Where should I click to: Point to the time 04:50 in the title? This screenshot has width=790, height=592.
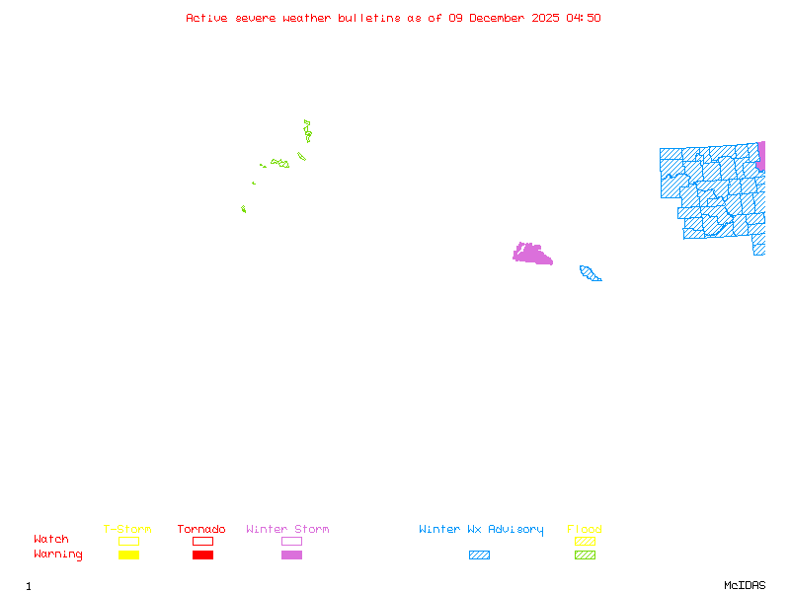[x=583, y=18]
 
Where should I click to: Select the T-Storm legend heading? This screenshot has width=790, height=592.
[x=127, y=530]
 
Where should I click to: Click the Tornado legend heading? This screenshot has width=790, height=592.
[x=201, y=530]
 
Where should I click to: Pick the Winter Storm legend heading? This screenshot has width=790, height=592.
[x=287, y=530]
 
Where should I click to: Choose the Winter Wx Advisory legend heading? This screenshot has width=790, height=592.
[x=481, y=530]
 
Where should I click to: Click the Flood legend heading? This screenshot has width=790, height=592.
[x=585, y=530]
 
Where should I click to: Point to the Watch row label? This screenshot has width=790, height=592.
[x=51, y=540]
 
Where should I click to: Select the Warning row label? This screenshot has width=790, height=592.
[x=57, y=555]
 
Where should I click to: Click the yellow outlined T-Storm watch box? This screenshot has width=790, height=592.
[x=128, y=541]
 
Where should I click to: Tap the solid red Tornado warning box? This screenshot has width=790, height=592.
[x=202, y=555]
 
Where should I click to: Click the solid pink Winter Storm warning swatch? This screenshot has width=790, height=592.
[x=291, y=555]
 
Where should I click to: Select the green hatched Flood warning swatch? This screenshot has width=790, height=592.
[x=585, y=555]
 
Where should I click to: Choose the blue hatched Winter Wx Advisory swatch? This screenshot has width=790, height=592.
[x=479, y=555]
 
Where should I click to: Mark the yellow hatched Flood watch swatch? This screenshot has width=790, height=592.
[x=585, y=541]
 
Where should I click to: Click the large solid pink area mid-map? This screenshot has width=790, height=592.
[x=531, y=254]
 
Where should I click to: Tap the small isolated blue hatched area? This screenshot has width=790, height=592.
[x=590, y=273]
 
